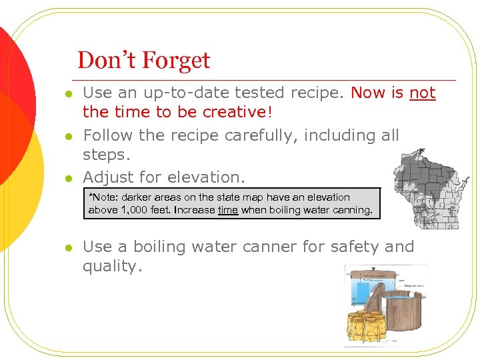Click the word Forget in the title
pos(174,61)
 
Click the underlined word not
pos(422,93)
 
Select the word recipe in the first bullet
pos(323,93)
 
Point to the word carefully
pos(261,135)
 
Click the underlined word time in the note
pos(227,210)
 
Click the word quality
pos(111,266)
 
